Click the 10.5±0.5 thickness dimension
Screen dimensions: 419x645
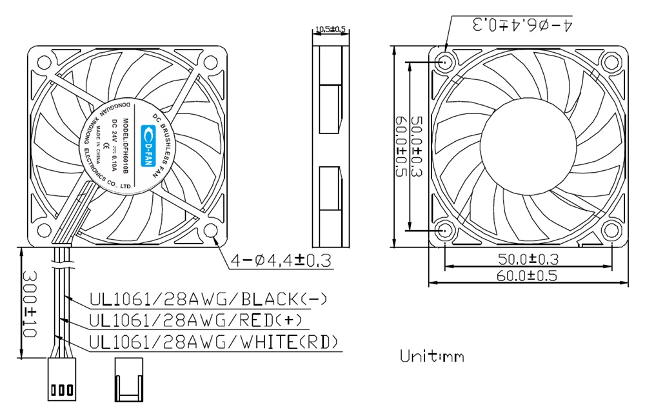[x=330, y=29]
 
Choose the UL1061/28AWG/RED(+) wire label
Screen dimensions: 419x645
[x=195, y=320]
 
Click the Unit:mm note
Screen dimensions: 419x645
[x=432, y=356]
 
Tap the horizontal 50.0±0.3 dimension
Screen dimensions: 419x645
[x=527, y=259]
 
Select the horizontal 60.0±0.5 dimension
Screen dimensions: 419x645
[x=527, y=276]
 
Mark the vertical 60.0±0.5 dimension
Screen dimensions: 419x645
[x=401, y=146]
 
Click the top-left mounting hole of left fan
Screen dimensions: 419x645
[x=44, y=63]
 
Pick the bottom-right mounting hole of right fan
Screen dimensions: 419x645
[x=611, y=230]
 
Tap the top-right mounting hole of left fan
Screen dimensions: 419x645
[x=211, y=63]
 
